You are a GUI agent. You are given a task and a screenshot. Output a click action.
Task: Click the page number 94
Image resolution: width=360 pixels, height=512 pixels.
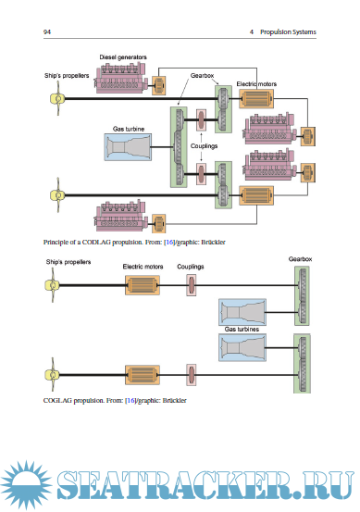point(47,31)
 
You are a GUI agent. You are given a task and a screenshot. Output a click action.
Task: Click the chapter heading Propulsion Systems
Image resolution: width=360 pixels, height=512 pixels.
point(288,32)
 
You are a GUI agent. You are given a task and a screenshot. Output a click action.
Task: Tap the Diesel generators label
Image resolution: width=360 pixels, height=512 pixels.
point(123,57)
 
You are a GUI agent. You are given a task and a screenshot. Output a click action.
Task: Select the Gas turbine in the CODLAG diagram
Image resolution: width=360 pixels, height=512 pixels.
point(128,147)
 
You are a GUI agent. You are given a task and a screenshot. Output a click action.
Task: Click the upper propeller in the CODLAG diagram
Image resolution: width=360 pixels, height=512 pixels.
point(57,98)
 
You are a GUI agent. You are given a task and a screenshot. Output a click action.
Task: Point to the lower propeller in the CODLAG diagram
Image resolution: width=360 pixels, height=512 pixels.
point(57,195)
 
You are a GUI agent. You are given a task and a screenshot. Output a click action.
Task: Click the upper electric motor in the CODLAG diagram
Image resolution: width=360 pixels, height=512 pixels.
point(256,99)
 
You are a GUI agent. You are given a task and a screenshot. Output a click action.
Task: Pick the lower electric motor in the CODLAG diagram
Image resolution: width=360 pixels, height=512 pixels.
point(256,195)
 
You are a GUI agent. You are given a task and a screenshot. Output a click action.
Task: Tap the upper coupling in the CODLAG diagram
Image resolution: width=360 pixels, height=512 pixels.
point(201,119)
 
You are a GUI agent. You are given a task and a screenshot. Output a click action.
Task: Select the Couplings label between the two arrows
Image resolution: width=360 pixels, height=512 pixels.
point(204,146)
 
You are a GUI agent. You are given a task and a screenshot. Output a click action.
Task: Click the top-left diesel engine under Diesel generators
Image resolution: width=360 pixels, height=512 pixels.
point(120,79)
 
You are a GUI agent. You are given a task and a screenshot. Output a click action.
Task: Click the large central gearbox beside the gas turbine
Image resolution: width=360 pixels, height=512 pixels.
point(179,147)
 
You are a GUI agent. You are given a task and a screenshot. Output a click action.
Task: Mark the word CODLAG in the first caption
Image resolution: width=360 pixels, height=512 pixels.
point(95,243)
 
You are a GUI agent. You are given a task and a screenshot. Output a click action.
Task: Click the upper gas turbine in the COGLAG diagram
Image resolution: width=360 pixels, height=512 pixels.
point(242,312)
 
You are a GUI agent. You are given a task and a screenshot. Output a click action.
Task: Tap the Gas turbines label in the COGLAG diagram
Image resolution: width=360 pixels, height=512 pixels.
point(242,330)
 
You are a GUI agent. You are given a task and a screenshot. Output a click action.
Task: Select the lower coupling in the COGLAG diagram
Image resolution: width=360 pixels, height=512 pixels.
point(192,375)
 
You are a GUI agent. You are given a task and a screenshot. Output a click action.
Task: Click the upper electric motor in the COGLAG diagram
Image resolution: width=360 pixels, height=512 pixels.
point(143,285)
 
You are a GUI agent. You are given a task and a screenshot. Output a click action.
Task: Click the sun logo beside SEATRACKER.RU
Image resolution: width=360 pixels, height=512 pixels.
point(25,485)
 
